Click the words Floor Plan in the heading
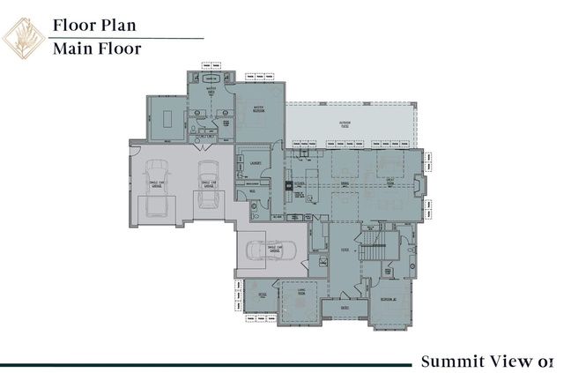pos(94,25)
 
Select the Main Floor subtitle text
pos(97,48)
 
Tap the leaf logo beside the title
pos(24,37)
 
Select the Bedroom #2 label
pos(388,300)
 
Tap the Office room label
pos(263,295)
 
